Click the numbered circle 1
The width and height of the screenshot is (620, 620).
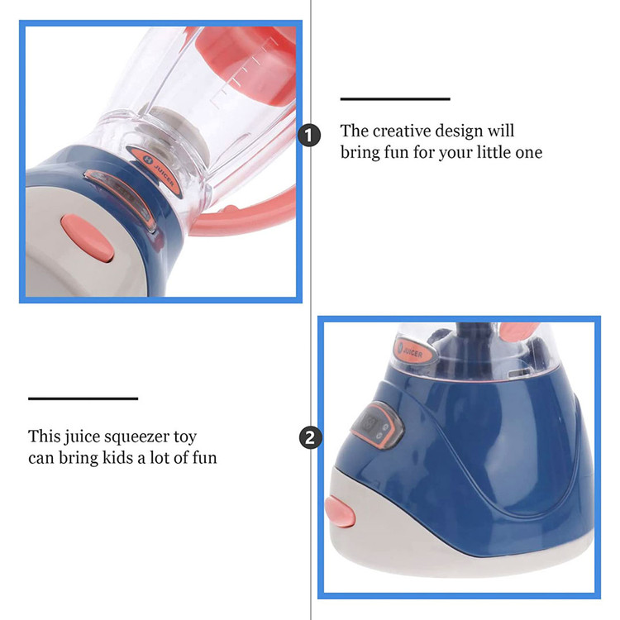309,136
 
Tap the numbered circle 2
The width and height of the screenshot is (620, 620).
310,438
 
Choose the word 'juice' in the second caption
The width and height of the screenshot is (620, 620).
76,437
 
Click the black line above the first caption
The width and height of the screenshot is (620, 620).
395,99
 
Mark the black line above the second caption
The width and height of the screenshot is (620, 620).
83,398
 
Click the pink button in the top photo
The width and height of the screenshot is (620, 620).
88,238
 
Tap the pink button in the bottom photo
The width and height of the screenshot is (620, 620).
340,512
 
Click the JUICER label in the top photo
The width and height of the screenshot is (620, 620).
155,172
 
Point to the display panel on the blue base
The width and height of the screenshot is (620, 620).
376,426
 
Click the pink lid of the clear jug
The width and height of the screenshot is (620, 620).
246,60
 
